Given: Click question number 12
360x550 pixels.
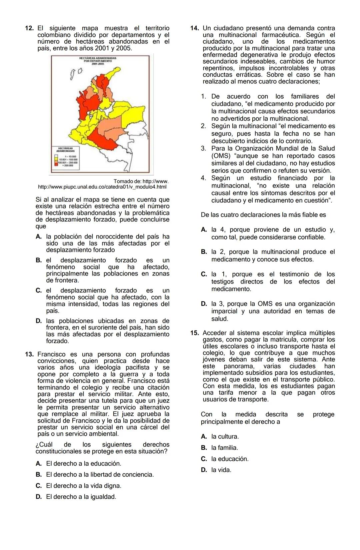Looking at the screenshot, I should tap(29, 28).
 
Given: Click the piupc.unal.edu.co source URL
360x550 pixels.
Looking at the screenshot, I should tap(102, 187).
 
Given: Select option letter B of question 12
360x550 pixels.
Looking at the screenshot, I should tap(39, 261).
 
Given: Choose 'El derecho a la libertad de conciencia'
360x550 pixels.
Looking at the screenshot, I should tap(100, 475).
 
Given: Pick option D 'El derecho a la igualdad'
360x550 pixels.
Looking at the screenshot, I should tap(81, 497).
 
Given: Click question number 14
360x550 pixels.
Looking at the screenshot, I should tap(195, 28).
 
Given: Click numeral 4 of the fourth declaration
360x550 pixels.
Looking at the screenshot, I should tap(203, 178).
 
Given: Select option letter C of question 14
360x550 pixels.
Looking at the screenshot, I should tap(204, 275).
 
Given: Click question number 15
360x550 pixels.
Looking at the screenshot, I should tap(195, 333).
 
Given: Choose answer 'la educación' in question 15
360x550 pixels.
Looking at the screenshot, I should tap(230, 459).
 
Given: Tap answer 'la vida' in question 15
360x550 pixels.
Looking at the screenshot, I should tap(221, 470).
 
